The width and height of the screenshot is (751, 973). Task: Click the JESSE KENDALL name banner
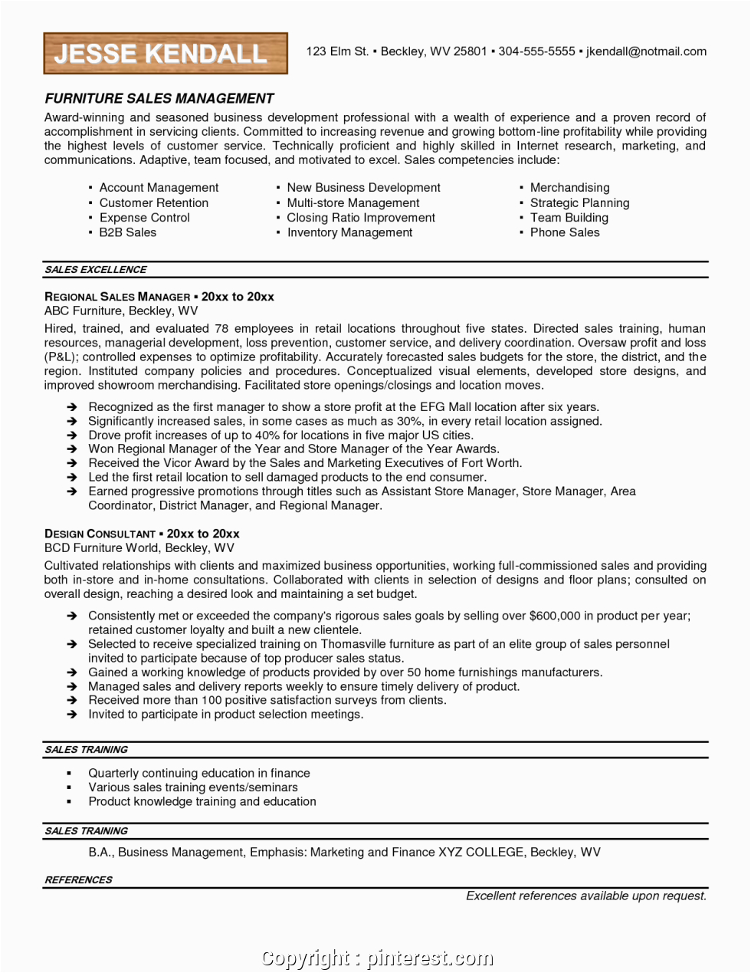[166, 54]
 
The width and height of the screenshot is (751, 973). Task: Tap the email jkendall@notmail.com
[646, 51]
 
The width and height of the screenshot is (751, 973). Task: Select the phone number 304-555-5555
[536, 51]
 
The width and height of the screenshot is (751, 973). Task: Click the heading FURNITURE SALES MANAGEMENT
[159, 99]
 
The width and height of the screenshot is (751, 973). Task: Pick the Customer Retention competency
[153, 203]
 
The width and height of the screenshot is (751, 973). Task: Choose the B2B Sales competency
[127, 232]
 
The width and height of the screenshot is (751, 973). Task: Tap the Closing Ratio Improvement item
[360, 218]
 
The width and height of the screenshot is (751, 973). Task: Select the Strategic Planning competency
[579, 203]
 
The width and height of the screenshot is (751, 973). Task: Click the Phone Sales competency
[565, 232]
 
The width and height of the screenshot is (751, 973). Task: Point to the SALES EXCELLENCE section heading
[96, 270]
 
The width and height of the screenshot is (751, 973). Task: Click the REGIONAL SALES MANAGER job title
[117, 297]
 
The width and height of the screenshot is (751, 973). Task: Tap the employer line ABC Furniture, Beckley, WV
[121, 311]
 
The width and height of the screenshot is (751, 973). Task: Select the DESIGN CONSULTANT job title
[100, 534]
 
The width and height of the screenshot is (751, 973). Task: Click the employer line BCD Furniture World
[139, 548]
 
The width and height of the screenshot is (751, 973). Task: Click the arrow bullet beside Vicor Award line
[71, 464]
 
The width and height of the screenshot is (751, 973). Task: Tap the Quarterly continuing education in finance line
[198, 774]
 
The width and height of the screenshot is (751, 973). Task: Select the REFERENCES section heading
[78, 880]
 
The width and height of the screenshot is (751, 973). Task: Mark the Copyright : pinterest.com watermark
[377, 958]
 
